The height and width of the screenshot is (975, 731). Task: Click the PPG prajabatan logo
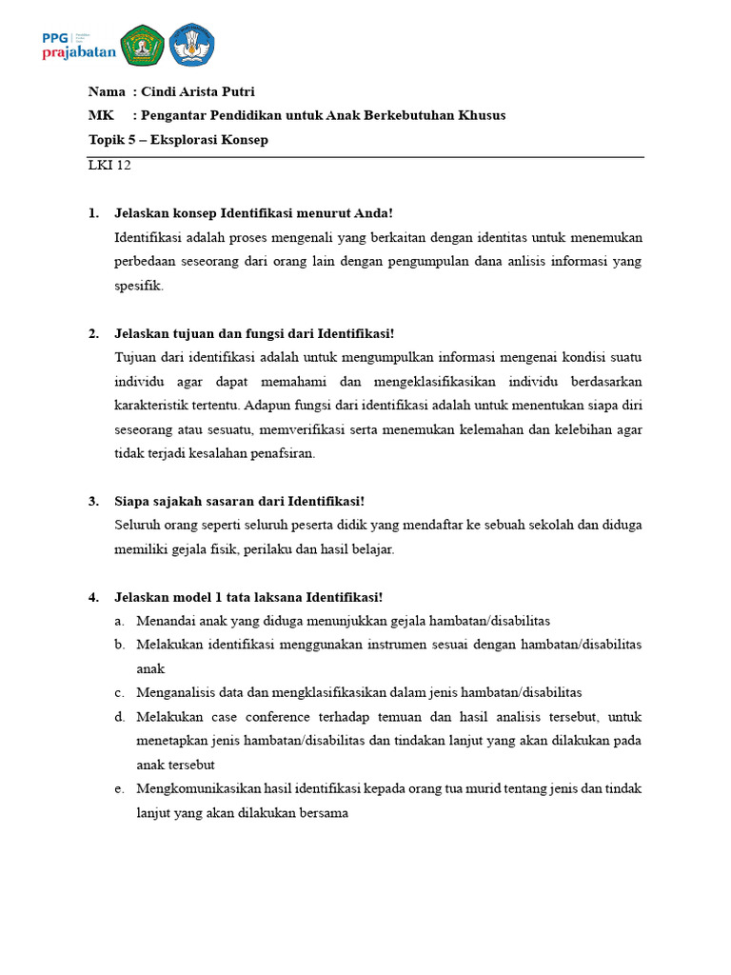click(x=78, y=45)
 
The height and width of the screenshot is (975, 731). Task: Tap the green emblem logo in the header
click(x=143, y=45)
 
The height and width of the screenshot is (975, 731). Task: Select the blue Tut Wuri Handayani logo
click(x=192, y=45)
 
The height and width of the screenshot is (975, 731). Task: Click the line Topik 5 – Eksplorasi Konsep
click(x=178, y=140)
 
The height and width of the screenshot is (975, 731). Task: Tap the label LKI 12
click(x=109, y=165)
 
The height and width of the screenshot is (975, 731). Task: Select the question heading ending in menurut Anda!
click(x=253, y=212)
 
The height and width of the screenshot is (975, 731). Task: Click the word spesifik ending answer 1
click(x=139, y=285)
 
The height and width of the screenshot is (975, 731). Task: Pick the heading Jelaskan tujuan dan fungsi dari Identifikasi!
click(x=253, y=333)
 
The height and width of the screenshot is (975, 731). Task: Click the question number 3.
click(x=92, y=501)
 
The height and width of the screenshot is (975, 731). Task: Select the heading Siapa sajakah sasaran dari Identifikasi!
click(x=239, y=501)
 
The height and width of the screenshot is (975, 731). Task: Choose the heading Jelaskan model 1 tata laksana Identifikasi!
click(x=248, y=597)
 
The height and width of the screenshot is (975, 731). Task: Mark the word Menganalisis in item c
click(x=174, y=692)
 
